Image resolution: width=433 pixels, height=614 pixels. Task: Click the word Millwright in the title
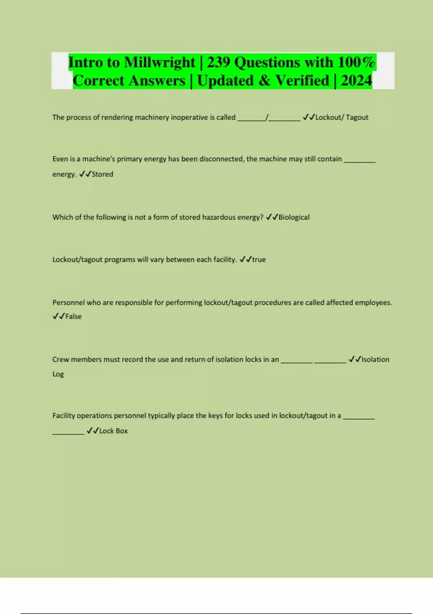point(159,62)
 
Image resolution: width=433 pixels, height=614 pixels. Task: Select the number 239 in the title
point(218,62)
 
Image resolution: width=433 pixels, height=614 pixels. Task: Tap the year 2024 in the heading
point(356,80)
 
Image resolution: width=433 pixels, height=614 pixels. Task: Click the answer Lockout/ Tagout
point(342,117)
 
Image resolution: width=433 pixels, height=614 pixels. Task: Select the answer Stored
point(102,174)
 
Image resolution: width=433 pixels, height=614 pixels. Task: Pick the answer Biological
point(294,217)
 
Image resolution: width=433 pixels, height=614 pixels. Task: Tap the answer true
point(259,259)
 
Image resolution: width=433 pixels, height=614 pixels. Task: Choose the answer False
point(73,316)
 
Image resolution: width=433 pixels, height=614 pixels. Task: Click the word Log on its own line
point(58,374)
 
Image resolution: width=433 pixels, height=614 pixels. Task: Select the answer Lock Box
point(113,431)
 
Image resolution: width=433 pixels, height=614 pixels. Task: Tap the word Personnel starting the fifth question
point(68,303)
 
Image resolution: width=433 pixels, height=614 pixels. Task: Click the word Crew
point(61,359)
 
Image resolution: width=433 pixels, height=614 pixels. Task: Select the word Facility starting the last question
point(64,416)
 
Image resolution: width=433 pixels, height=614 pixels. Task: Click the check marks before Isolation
point(355,359)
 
